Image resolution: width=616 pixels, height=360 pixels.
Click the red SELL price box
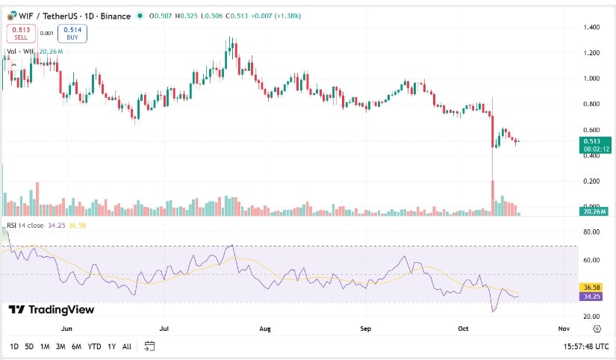pyautogui.click(x=20, y=33)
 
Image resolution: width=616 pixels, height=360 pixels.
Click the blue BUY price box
pyautogui.click(x=72, y=33)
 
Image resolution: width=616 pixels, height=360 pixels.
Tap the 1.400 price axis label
pyautogui.click(x=592, y=27)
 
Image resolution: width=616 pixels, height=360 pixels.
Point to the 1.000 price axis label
pyautogui.click(x=592, y=78)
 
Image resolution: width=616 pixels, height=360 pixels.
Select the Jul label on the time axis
pyautogui.click(x=166, y=328)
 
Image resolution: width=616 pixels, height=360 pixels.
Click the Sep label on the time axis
pyautogui.click(x=366, y=328)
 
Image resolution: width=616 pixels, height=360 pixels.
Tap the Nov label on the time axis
pyautogui.click(x=564, y=328)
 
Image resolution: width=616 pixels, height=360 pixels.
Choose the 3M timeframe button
pyautogui.click(x=60, y=347)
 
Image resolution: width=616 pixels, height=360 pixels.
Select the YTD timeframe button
pyautogui.click(x=94, y=347)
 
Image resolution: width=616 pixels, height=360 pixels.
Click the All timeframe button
pyautogui.click(x=127, y=347)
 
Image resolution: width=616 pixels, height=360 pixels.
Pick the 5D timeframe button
pyautogui.click(x=28, y=347)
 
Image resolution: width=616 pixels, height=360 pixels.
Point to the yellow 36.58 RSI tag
pyautogui.click(x=593, y=287)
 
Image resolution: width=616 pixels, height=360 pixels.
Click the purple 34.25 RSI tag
pyautogui.click(x=593, y=296)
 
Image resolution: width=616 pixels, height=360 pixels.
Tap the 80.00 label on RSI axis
pyautogui.click(x=592, y=232)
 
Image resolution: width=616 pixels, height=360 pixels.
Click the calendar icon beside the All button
pyautogui.click(x=149, y=347)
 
